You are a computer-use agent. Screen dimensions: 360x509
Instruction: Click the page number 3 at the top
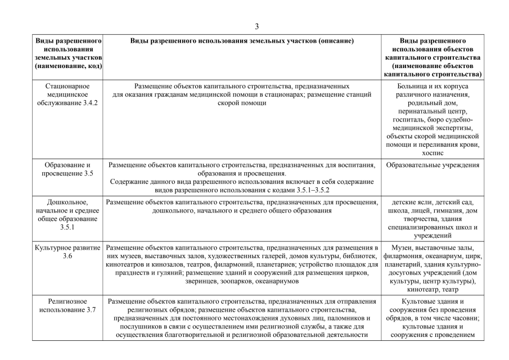256,26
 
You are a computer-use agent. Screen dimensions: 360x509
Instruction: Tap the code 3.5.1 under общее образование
69,228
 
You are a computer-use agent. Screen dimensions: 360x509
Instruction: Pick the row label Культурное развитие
69,247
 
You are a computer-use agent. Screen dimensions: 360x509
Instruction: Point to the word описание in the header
335,41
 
